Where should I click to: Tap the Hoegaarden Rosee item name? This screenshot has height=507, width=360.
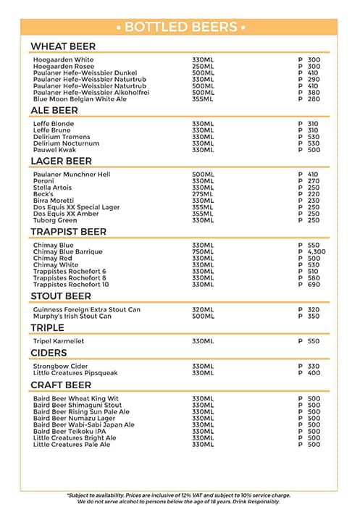[63, 67]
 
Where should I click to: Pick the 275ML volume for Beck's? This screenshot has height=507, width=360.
[203, 194]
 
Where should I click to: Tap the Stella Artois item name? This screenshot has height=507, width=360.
[52, 188]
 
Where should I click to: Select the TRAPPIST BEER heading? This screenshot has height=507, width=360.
[68, 232]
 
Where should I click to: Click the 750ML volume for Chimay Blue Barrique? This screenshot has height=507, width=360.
[203, 252]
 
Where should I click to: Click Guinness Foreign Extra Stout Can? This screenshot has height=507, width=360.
[87, 310]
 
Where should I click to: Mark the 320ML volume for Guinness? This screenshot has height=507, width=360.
[203, 310]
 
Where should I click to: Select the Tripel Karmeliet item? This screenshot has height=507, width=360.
[61, 341]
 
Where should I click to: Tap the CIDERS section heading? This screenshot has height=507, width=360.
[49, 353]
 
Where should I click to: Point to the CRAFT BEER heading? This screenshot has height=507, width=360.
[61, 385]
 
